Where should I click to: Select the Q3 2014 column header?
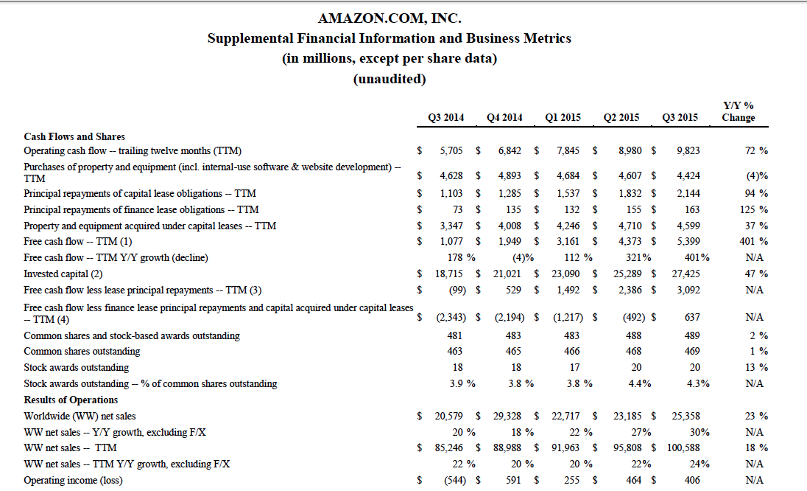tap(445, 117)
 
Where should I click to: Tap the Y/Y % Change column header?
tap(739, 111)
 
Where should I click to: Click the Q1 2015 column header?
tap(563, 117)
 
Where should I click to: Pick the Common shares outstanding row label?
tap(82, 351)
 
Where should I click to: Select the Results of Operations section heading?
tap(71, 400)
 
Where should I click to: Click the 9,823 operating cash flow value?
tap(688, 150)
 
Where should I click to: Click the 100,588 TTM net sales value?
tap(683, 448)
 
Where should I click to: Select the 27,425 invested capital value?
tap(685, 274)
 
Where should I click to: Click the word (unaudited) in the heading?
tap(390, 79)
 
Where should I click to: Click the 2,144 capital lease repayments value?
tap(688, 193)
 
